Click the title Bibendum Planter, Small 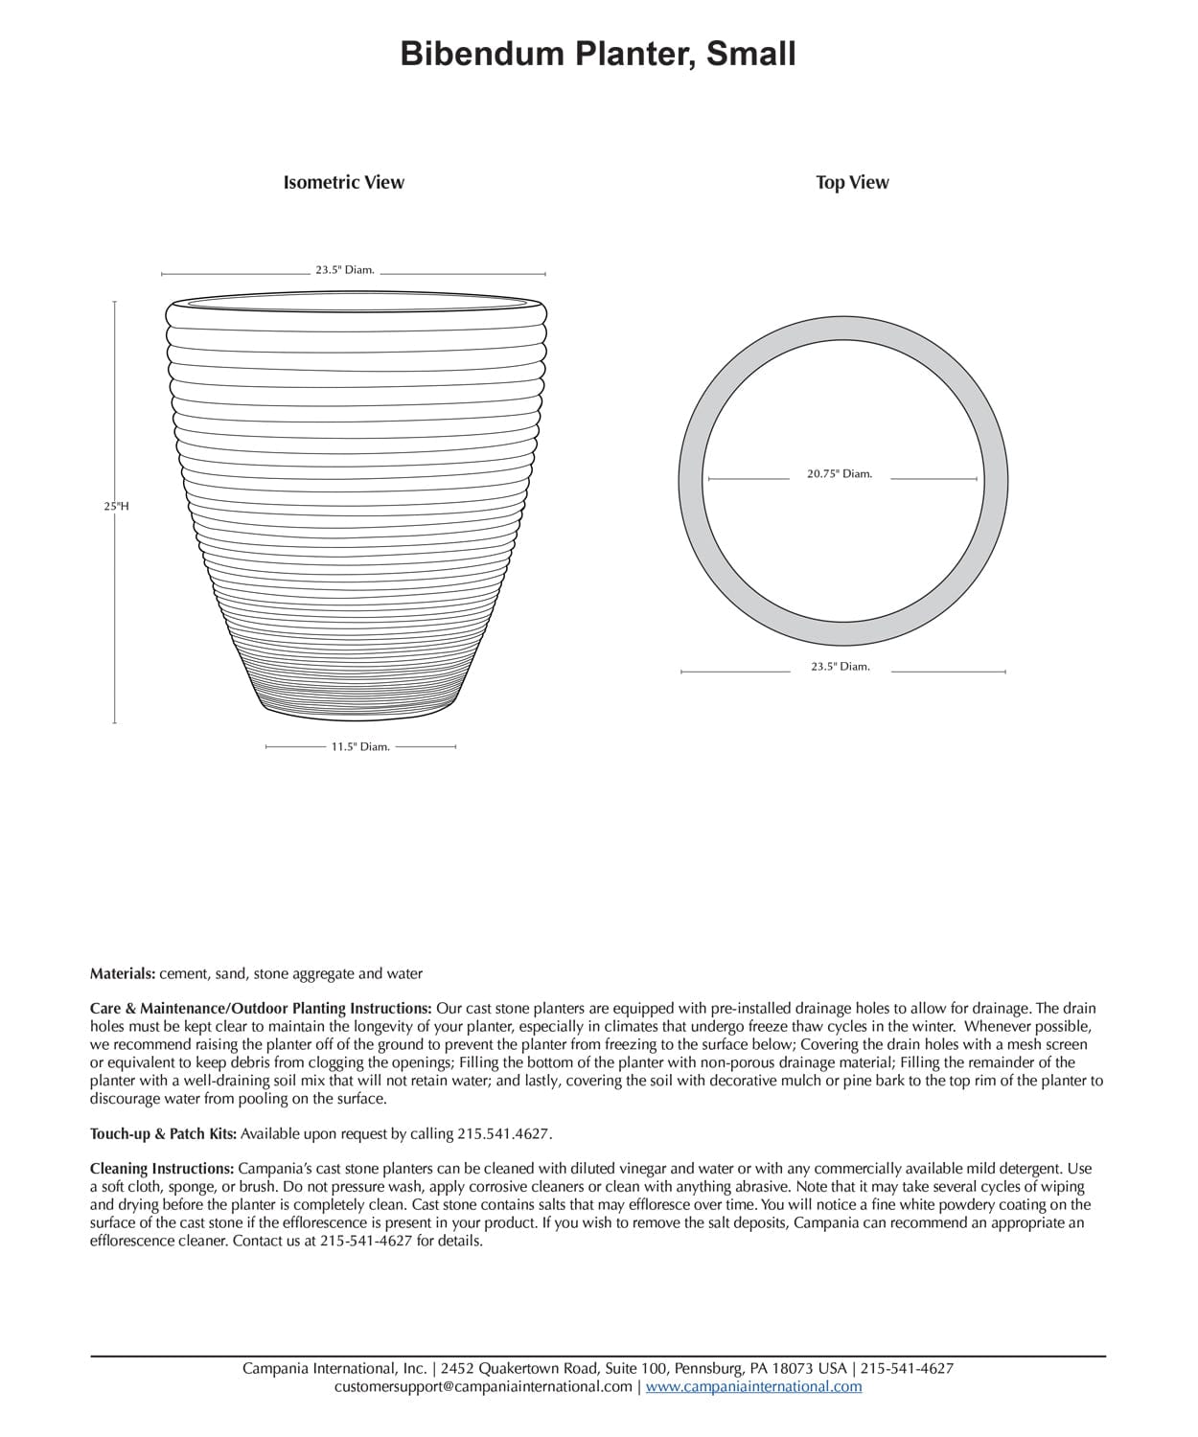coord(598,54)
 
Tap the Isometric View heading coord(343,182)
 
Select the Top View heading coord(852,182)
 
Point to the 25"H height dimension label coord(116,506)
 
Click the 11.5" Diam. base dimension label coord(360,746)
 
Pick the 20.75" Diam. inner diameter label coord(840,473)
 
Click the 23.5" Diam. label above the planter coord(345,270)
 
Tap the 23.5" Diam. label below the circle coord(841,667)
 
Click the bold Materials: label coord(123,973)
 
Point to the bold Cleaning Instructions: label coord(162,1169)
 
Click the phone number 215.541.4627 coord(503,1134)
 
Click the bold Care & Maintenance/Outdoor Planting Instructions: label coord(261,1009)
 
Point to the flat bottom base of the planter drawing coord(359,713)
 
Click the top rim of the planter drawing coord(357,305)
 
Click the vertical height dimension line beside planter coord(115,613)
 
